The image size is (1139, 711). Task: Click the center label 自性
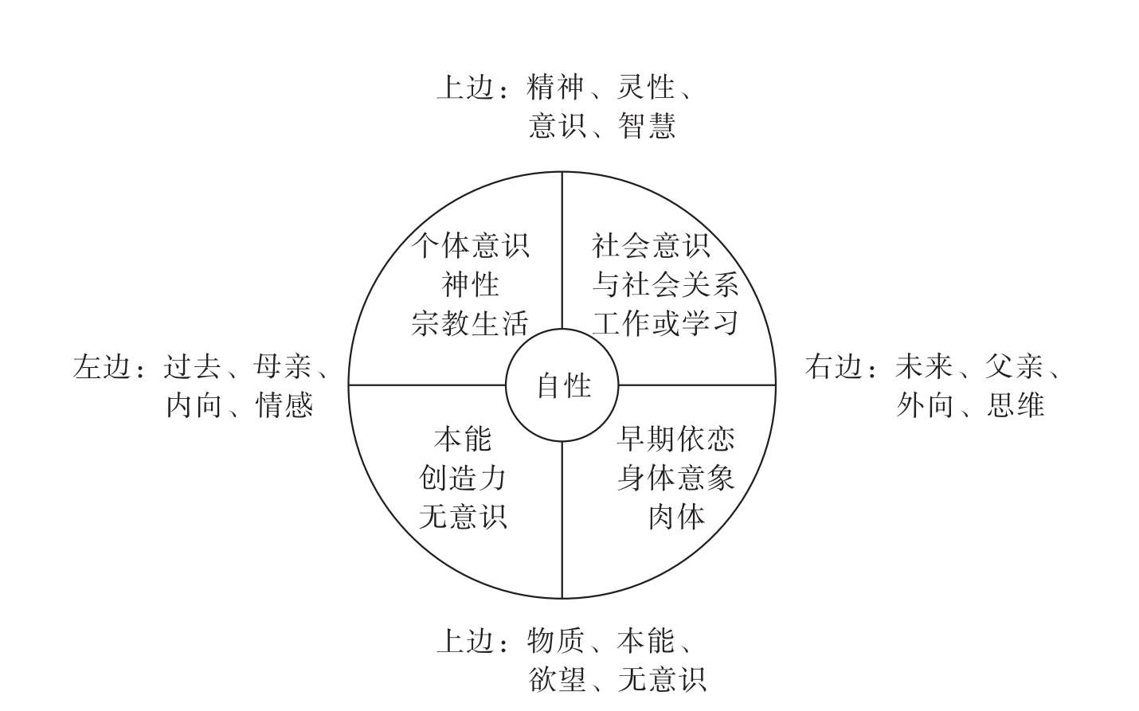[563, 386]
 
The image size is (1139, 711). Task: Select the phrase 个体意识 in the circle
[471, 245]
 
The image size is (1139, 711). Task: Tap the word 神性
[471, 284]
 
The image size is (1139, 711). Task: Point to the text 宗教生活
[471, 323]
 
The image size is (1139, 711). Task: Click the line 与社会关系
[665, 284]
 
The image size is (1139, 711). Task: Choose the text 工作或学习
[665, 323]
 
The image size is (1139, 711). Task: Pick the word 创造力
[463, 479]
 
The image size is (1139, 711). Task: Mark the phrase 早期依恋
[675, 439]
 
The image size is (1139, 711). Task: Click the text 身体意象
[675, 479]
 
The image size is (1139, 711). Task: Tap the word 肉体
[675, 518]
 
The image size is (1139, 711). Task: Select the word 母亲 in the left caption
[282, 367]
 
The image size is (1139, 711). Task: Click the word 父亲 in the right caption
[1014, 367]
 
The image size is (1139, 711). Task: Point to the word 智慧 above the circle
[647, 126]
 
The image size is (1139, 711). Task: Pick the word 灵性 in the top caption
[647, 87]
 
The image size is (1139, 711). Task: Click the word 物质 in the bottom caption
[556, 641]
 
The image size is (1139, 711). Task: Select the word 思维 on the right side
[1016, 406]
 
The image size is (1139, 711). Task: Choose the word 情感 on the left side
[284, 406]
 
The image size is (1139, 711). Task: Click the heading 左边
[101, 367]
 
